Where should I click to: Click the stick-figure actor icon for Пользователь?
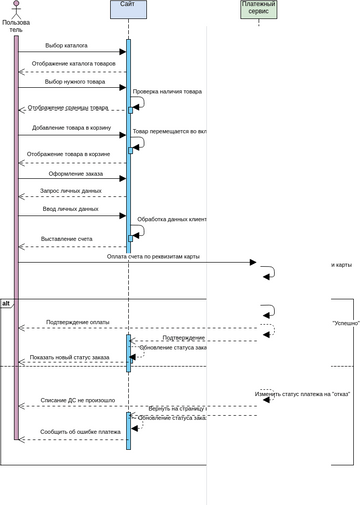point(16,8)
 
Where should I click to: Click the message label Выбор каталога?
point(66,46)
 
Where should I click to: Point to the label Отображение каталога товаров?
point(72,64)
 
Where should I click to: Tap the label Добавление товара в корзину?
point(71,128)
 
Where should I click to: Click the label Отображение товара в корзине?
point(69,154)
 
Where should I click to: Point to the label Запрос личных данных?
point(70,190)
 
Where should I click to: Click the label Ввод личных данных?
point(70,209)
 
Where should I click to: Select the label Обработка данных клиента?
point(171,218)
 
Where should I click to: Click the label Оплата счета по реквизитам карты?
point(153,256)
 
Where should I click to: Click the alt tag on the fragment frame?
point(6,302)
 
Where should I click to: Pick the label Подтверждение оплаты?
point(78,322)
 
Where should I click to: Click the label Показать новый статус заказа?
point(70,357)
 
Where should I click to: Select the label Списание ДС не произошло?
point(77,400)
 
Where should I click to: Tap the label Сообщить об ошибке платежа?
point(80,432)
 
